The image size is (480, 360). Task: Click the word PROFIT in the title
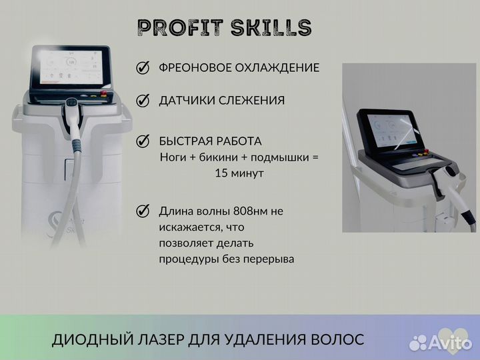pyautogui.click(x=176, y=27)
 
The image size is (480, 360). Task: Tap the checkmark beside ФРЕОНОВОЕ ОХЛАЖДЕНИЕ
pyautogui.click(x=142, y=68)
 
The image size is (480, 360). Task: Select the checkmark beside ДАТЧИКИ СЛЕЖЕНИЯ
pyautogui.click(x=142, y=101)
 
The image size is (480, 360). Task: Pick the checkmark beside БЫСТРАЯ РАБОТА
pyautogui.click(x=142, y=141)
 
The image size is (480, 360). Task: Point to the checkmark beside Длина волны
pyautogui.click(x=142, y=211)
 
